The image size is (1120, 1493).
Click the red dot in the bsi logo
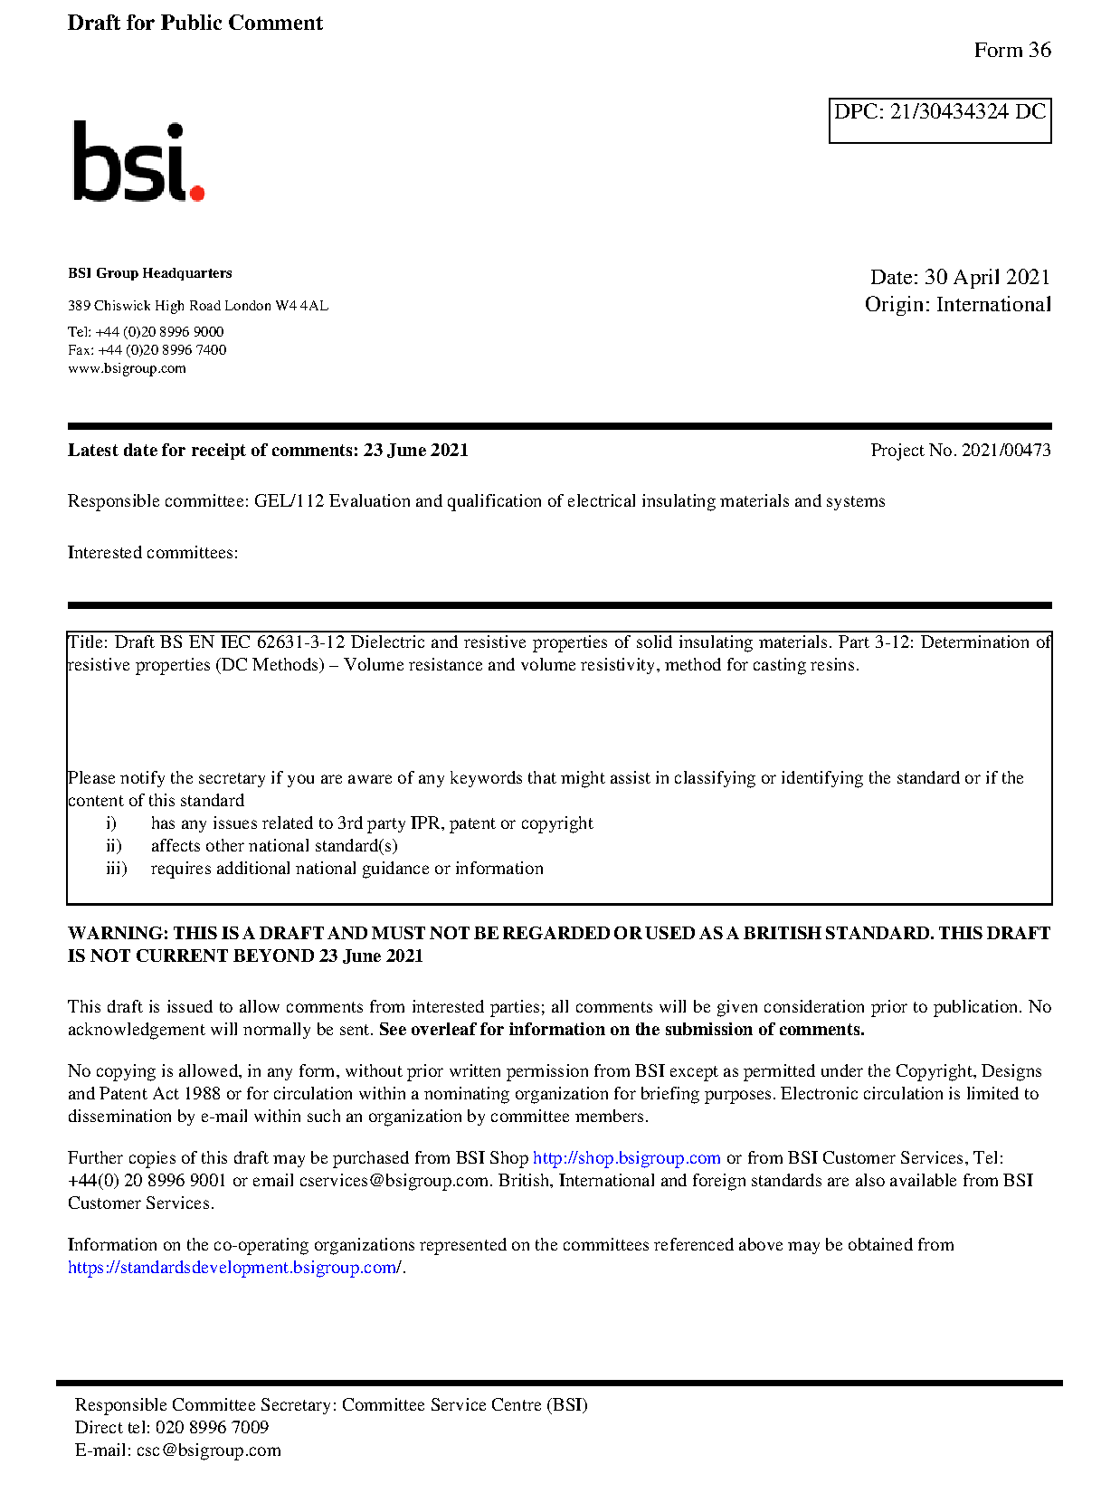[196, 192]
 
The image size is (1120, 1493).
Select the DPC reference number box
[939, 120]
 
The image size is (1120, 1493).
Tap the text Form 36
[1011, 51]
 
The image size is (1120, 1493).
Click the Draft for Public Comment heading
[195, 23]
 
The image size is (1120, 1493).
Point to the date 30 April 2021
[986, 277]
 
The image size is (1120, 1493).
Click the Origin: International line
[957, 304]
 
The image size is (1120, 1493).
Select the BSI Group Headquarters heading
[149, 273]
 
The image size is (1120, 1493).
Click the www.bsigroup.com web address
[127, 368]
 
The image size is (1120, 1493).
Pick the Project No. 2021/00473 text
[960, 450]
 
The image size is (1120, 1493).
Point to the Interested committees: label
[152, 553]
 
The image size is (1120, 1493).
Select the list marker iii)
[116, 869]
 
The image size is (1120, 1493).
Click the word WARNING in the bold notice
[117, 933]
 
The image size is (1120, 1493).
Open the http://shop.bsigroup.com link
[626, 1158]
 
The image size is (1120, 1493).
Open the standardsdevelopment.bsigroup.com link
[234, 1268]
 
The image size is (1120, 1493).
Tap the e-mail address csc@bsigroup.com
[208, 1450]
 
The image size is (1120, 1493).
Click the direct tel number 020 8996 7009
[212, 1428]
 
